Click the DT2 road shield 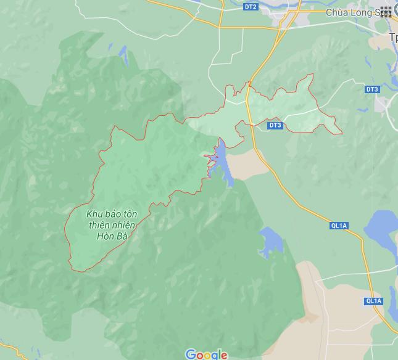click(250, 7)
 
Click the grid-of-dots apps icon click(386, 11)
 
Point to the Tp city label click(392, 38)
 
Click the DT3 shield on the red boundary click(275, 125)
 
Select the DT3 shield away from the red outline click(371, 89)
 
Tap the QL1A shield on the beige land click(373, 301)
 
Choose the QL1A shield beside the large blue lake click(338, 226)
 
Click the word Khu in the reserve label click(94, 214)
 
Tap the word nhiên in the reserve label click(125, 225)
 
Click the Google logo click(206, 354)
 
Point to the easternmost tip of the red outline click(342, 133)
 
